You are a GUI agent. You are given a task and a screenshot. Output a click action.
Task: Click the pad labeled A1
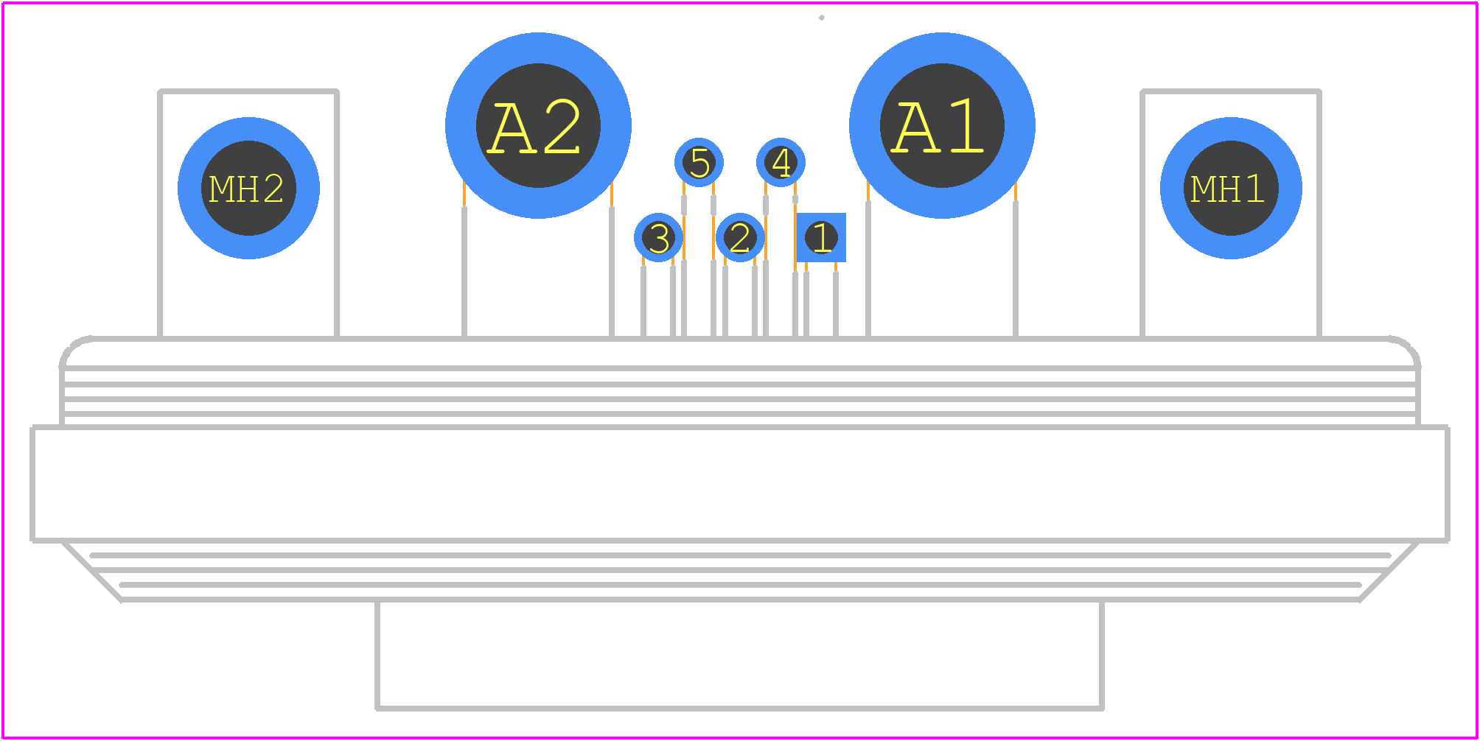[942, 125]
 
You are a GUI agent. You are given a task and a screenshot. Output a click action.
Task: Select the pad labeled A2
[538, 125]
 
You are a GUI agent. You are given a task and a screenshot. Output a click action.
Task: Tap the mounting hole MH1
[1231, 188]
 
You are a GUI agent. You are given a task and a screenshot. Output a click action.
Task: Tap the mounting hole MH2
[248, 188]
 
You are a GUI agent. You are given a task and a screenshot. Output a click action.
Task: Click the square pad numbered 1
[821, 237]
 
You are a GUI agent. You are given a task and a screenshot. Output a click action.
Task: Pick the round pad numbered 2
[740, 237]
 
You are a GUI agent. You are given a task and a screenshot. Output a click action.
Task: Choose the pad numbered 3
[658, 237]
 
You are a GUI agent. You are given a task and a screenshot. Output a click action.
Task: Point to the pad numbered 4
[781, 162]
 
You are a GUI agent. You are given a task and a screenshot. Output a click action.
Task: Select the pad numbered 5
[699, 162]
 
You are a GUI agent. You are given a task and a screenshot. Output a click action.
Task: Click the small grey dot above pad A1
[821, 18]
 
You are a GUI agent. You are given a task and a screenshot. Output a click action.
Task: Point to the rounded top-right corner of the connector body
[1409, 346]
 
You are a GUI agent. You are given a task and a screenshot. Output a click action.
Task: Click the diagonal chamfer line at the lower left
[91, 571]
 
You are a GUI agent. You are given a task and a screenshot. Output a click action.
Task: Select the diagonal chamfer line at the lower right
[1389, 571]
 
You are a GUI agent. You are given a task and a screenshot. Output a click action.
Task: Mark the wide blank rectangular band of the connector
[740, 484]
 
